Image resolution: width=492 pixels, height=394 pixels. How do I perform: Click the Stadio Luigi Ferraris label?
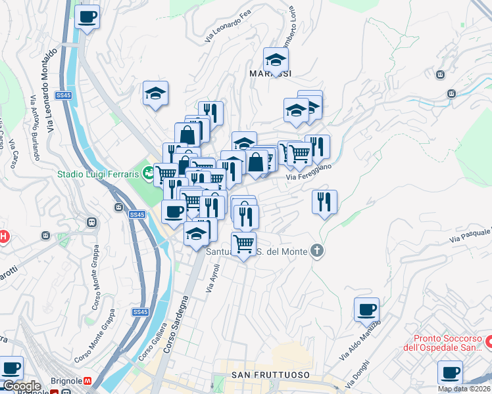(x=98, y=174)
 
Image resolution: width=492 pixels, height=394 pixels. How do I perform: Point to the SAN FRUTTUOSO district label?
(x=270, y=375)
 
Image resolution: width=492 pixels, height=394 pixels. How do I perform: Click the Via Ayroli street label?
(x=212, y=278)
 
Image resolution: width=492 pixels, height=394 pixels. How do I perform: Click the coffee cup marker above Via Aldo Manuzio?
(x=366, y=310)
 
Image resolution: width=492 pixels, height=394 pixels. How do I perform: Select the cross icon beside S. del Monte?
(x=317, y=251)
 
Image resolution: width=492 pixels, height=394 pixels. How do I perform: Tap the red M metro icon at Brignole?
(x=96, y=381)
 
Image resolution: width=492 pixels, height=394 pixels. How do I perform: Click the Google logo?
(x=21, y=386)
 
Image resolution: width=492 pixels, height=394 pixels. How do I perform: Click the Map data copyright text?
(x=464, y=389)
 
